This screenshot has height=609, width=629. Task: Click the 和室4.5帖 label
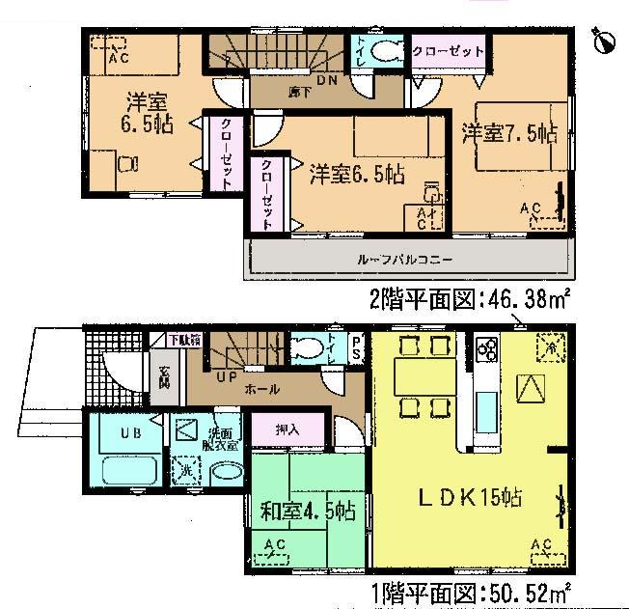(x=297, y=509)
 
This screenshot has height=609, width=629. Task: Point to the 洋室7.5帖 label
(x=507, y=133)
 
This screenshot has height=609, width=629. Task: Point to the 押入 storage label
(x=287, y=429)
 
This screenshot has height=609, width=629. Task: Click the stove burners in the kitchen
(x=484, y=347)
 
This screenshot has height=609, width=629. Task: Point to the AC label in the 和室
(x=275, y=546)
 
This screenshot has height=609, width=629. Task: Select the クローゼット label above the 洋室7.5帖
(x=448, y=50)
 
